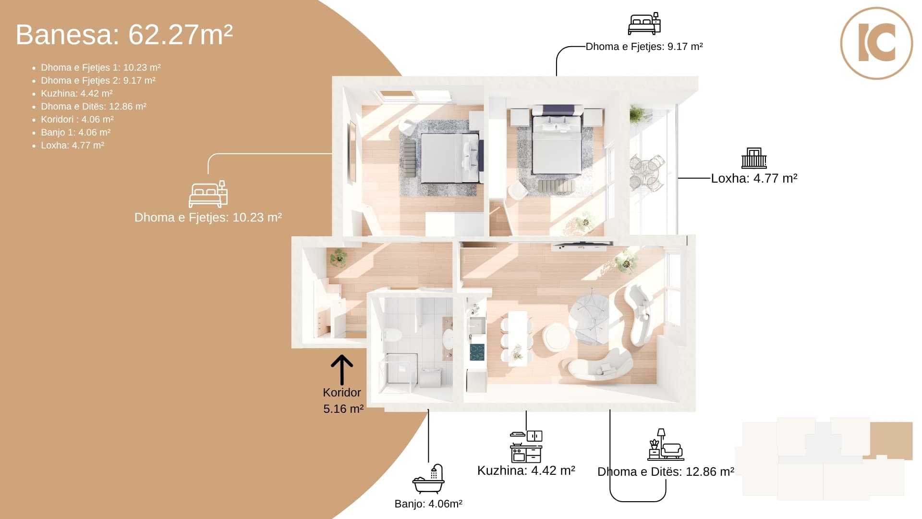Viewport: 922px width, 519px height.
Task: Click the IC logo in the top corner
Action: click(x=876, y=43)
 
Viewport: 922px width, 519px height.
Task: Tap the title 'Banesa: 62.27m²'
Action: click(x=124, y=35)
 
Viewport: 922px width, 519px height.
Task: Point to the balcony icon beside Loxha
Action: click(x=754, y=158)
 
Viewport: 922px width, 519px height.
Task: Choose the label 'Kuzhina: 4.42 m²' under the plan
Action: click(x=526, y=470)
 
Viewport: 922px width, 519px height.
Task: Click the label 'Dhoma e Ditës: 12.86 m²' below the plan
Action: click(x=666, y=472)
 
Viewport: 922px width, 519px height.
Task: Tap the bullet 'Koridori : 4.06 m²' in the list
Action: click(x=77, y=120)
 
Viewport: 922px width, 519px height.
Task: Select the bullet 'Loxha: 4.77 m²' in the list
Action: click(x=72, y=146)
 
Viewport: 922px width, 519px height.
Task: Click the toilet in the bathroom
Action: click(x=392, y=334)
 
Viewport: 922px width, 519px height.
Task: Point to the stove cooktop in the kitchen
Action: click(x=477, y=352)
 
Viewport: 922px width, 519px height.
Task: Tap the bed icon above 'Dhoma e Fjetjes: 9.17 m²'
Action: click(x=644, y=24)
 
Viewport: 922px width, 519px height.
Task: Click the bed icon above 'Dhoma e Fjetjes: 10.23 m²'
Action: click(x=208, y=194)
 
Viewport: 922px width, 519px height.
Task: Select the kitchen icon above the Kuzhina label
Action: click(x=526, y=446)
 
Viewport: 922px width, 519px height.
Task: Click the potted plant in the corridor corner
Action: click(x=339, y=257)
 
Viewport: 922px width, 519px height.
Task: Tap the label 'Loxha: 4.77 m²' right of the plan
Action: click(x=754, y=178)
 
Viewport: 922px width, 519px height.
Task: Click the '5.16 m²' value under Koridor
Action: click(x=343, y=409)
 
